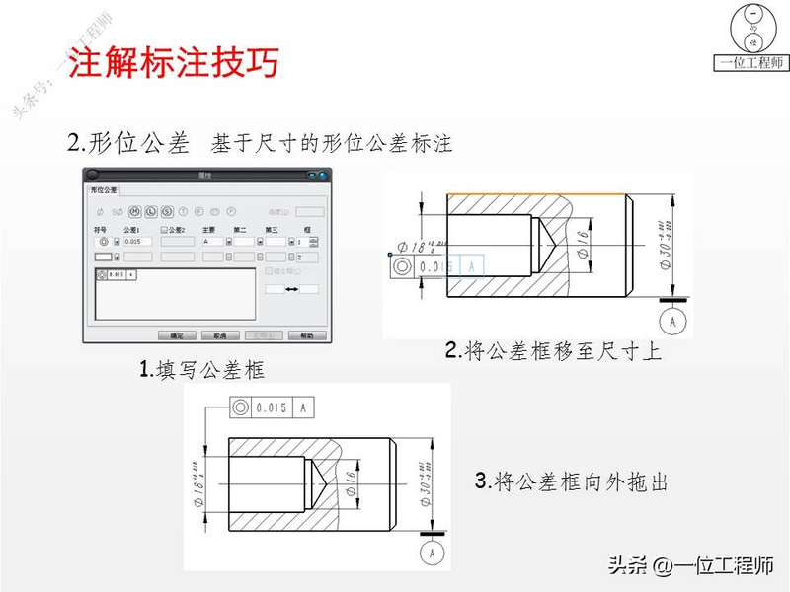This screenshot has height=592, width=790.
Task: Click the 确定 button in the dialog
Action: pyautogui.click(x=177, y=335)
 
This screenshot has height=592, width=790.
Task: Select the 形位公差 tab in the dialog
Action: pyautogui.click(x=104, y=189)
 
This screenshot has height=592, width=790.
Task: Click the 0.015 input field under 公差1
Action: pyautogui.click(x=138, y=242)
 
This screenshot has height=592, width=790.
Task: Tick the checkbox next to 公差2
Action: pyautogui.click(x=164, y=230)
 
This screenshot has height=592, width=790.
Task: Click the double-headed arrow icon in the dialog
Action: pyautogui.click(x=292, y=288)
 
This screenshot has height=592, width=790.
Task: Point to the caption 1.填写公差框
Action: pyautogui.click(x=203, y=370)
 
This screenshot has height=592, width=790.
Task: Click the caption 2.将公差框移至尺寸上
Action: pyautogui.click(x=553, y=351)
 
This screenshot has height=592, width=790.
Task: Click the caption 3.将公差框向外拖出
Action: pyautogui.click(x=572, y=482)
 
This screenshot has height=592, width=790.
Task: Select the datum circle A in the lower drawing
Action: pyautogui.click(x=433, y=554)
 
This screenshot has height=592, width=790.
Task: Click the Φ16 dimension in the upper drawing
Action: pyautogui.click(x=583, y=244)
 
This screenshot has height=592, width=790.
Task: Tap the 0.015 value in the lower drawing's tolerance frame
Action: pyautogui.click(x=271, y=407)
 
